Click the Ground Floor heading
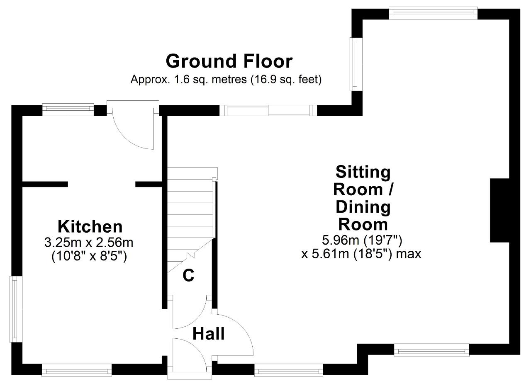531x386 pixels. click(x=229, y=61)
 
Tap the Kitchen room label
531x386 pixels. click(x=90, y=227)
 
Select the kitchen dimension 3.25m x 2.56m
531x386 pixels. click(x=89, y=243)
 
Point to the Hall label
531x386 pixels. click(x=208, y=334)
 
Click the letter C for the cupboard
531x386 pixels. click(x=188, y=275)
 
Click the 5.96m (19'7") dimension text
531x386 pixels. click(x=362, y=240)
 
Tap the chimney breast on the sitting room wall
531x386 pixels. click(x=499, y=211)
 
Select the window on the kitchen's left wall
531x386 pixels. click(x=16, y=309)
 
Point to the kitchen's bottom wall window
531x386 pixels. click(x=77, y=370)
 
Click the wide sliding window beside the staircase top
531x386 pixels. click(x=268, y=110)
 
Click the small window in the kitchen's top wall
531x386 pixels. click(x=68, y=109)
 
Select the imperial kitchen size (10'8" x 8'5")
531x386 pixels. click(x=89, y=256)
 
